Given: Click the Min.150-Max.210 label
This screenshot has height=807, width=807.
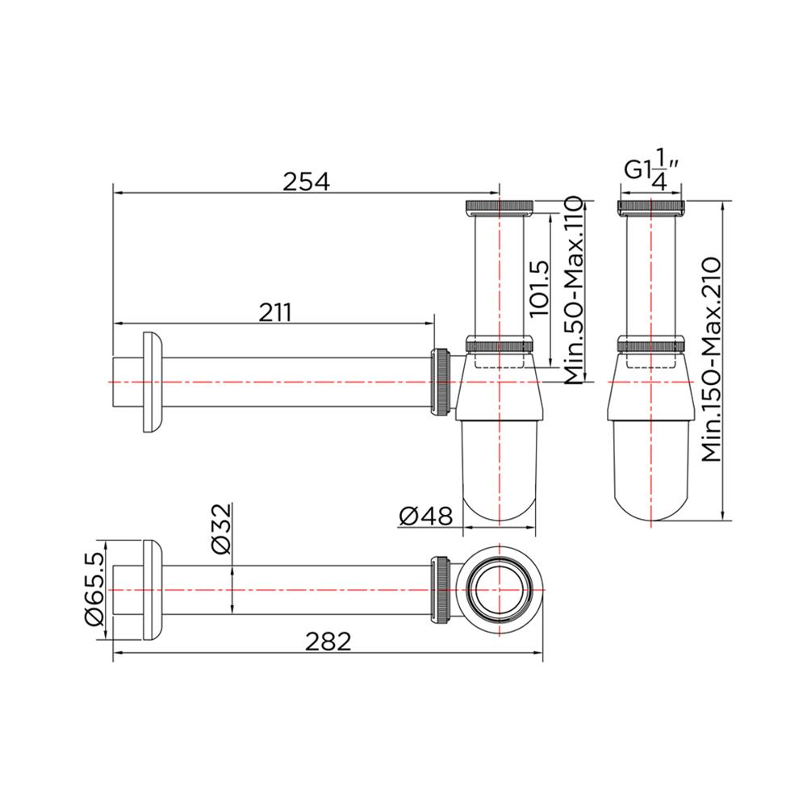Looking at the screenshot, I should click(711, 359).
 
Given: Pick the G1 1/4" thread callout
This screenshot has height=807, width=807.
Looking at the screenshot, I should click(653, 171).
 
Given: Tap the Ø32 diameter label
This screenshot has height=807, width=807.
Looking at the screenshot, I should click(220, 529).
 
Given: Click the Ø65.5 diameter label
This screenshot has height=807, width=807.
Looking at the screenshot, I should click(94, 590).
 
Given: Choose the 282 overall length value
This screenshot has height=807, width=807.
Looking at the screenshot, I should click(328, 642).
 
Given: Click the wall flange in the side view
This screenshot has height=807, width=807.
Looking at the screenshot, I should click(152, 381).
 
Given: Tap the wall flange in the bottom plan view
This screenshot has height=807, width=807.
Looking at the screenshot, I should click(152, 590).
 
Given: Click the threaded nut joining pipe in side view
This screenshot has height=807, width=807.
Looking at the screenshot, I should click(442, 382).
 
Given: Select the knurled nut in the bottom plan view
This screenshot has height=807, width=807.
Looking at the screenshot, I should click(442, 590).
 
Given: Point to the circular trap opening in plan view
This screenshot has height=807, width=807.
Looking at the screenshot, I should click(500, 590).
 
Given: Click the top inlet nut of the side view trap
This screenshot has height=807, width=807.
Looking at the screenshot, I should click(500, 207).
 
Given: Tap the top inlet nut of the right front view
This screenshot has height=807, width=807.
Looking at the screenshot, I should click(652, 207).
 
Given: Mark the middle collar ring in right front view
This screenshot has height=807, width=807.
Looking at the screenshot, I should click(652, 343).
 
